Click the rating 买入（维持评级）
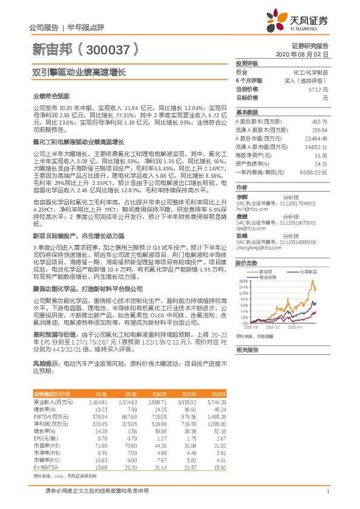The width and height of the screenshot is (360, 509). pos(309,80)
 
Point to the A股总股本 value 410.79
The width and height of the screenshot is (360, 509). pos(318,122)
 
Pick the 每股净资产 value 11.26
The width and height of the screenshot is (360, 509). pos(321,155)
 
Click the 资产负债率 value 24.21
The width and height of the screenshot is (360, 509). pos(321,164)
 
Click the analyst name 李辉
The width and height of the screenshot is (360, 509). pos(241,197)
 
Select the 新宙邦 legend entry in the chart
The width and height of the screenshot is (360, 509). pos(270,273)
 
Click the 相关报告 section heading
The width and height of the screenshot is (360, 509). pos(247,349)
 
